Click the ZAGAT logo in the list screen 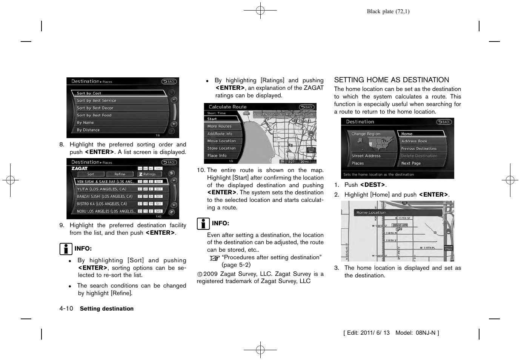(x=80, y=168)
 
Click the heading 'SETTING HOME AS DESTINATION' (x=392, y=80)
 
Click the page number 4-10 (x=66, y=308)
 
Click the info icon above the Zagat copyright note (x=203, y=224)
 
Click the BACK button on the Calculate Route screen (x=307, y=107)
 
